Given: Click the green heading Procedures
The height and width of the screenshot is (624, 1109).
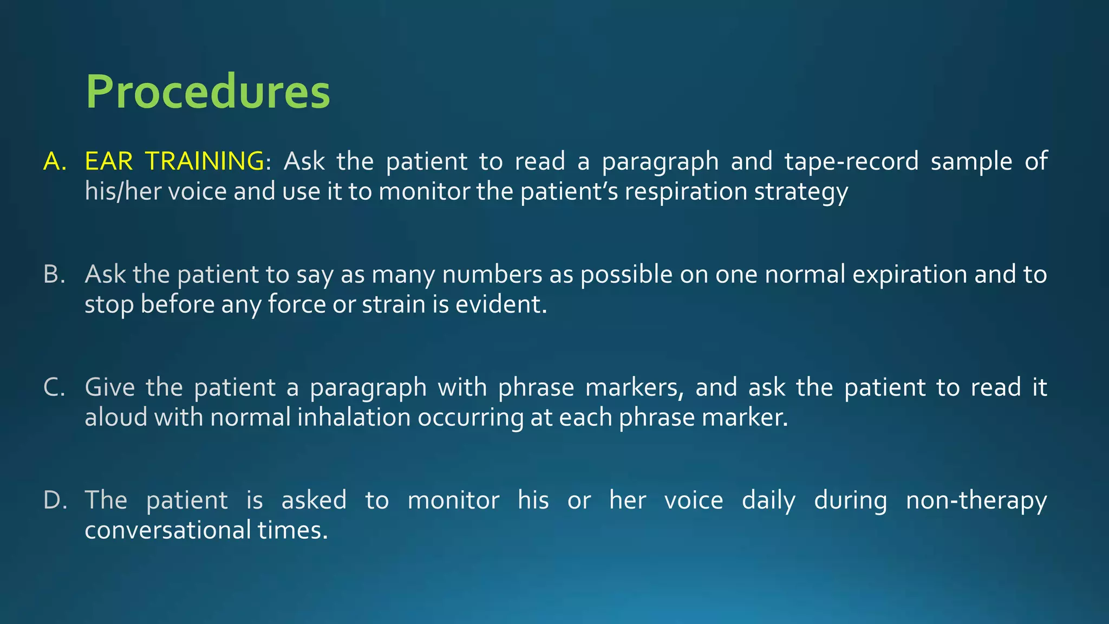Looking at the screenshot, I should (208, 92).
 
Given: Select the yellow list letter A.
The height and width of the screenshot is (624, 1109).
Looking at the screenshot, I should (54, 161).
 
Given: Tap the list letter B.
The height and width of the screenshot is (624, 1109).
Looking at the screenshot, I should (54, 274).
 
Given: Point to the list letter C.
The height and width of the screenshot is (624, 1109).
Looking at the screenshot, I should (54, 387).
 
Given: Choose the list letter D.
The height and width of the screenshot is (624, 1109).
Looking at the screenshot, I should (54, 500).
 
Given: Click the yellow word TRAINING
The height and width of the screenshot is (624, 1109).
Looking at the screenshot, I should (204, 161).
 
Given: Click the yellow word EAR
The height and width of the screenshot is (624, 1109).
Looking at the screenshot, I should (109, 161).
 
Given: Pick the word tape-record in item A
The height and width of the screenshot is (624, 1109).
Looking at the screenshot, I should (851, 161).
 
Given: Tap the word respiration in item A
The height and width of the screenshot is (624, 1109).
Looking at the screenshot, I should (686, 192).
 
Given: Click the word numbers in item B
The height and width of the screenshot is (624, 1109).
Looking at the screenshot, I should (492, 274).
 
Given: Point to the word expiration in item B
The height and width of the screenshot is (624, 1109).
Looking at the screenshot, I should (910, 275).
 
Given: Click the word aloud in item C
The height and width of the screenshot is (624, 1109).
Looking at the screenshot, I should (116, 418).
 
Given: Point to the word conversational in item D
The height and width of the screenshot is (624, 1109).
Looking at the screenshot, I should (167, 530).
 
